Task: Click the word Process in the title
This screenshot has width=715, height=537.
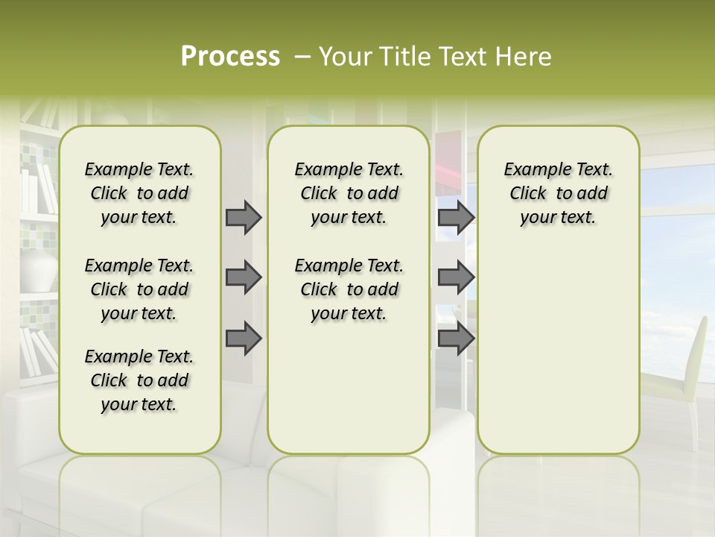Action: (230, 56)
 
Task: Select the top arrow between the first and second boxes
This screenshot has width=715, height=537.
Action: (244, 217)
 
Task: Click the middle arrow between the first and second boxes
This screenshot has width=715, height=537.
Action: (244, 277)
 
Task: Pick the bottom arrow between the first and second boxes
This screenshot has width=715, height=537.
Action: (244, 339)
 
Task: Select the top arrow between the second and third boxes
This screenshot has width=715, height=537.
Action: (456, 217)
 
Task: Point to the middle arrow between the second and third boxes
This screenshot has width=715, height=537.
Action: (456, 277)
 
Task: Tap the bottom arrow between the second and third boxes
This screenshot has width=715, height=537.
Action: (456, 339)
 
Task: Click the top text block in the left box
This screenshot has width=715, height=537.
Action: (139, 193)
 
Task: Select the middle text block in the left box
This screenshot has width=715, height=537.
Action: (139, 289)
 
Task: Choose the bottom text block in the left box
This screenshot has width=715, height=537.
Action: (139, 380)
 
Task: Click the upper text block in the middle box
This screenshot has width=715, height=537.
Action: (349, 193)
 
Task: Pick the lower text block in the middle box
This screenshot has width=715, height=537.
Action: (349, 289)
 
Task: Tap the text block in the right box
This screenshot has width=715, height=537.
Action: (559, 193)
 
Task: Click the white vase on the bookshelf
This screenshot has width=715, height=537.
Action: (39, 269)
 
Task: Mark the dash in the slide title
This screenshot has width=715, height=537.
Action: (302, 56)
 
